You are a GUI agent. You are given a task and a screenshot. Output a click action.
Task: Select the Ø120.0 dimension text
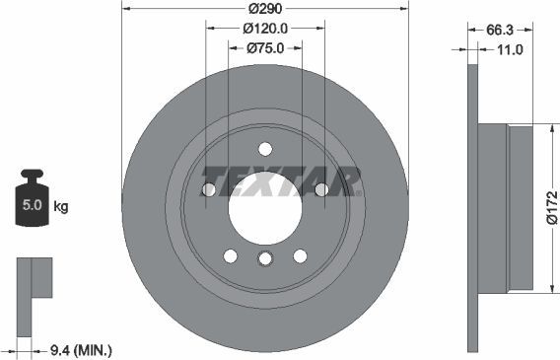pos(265,30)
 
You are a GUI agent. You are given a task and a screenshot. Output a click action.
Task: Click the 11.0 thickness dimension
pos(510,48)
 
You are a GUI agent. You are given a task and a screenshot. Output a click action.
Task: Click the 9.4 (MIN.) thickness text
pos(81,348)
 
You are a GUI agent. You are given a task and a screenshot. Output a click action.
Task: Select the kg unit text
pos(61,207)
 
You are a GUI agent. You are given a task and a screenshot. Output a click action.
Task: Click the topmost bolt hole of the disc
pos(264,149)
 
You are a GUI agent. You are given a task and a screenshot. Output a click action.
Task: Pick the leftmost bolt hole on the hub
pos(208,189)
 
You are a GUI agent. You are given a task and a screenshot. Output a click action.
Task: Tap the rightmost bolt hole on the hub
pos(321,189)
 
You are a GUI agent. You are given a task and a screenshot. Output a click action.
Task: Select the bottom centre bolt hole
pos(264,258)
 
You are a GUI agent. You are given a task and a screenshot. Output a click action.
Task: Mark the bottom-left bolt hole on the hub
pos(230,256)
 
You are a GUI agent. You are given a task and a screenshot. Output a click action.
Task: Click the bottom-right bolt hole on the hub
pos(299,256)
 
